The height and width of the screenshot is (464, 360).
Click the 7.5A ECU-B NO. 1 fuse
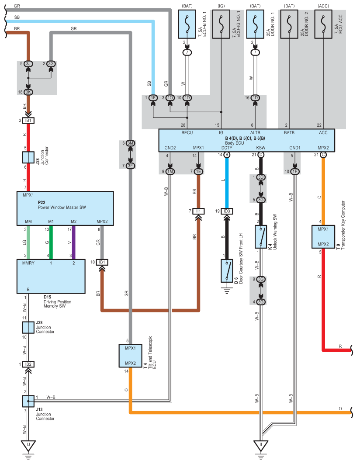tap(187, 24)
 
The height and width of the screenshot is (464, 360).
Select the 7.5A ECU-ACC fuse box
tap(323, 24)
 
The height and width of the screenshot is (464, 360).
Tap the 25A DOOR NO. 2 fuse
tap(289, 24)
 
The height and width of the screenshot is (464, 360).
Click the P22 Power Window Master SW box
tap(65, 208)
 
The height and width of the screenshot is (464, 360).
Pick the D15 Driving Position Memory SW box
tap(51, 277)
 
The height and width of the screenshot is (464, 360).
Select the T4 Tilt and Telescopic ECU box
tap(131, 356)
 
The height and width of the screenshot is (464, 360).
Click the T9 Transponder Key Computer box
tap(323, 237)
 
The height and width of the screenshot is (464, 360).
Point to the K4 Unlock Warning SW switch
tap(261, 237)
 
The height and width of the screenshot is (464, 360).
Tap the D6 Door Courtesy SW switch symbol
tap(227, 271)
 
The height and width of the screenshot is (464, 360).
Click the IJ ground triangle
tap(28, 445)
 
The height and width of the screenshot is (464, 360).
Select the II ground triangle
tap(261, 445)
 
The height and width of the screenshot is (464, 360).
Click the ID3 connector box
tap(227, 211)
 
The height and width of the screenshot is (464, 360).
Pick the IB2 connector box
tap(28, 364)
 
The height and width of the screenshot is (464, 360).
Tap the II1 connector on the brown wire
tap(198, 211)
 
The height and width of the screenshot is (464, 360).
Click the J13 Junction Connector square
tap(28, 401)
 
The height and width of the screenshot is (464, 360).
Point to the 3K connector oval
tap(28, 92)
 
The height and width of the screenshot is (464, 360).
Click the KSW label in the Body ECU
tap(261, 148)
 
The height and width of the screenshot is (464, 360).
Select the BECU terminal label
tap(187, 132)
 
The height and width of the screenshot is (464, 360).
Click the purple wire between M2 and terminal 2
tap(74, 242)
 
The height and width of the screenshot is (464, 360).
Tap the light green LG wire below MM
tap(28, 242)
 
